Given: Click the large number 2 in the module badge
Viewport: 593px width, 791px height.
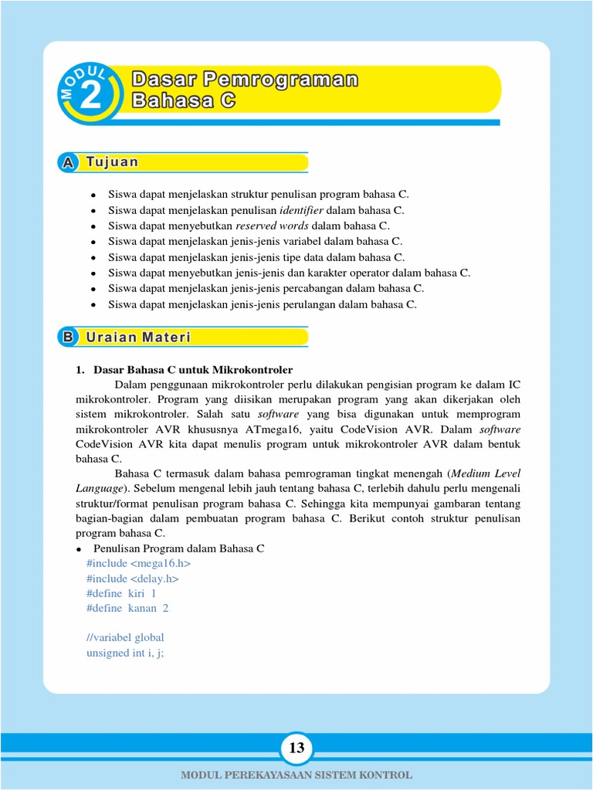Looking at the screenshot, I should tap(90, 97).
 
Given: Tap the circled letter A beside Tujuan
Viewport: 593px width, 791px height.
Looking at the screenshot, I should tap(68, 162).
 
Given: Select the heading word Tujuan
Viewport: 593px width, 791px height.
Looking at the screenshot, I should tap(112, 162).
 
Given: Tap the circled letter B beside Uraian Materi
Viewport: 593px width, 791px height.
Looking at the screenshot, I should tap(68, 338).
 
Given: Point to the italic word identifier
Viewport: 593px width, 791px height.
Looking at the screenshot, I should tap(302, 210).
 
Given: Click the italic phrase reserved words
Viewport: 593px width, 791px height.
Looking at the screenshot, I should tap(272, 226).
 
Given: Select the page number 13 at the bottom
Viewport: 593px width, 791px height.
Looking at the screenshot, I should tap(296, 748).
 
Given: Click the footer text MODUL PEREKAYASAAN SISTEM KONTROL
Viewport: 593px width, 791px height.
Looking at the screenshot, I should tap(296, 775).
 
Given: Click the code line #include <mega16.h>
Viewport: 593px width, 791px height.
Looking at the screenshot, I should tap(138, 563).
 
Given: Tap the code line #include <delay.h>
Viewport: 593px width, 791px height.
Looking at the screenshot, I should tap(133, 578).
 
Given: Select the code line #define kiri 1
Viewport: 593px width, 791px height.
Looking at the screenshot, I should tap(121, 593).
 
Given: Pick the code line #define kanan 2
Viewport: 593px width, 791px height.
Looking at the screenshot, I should tap(127, 608).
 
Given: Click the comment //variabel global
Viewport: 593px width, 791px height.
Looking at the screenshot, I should tap(125, 637).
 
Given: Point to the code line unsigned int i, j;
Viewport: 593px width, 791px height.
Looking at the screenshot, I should tap(126, 653).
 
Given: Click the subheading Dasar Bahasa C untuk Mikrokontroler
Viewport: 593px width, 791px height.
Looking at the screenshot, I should tap(192, 370).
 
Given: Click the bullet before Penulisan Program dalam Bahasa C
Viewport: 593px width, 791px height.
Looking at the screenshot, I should tap(79, 549).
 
